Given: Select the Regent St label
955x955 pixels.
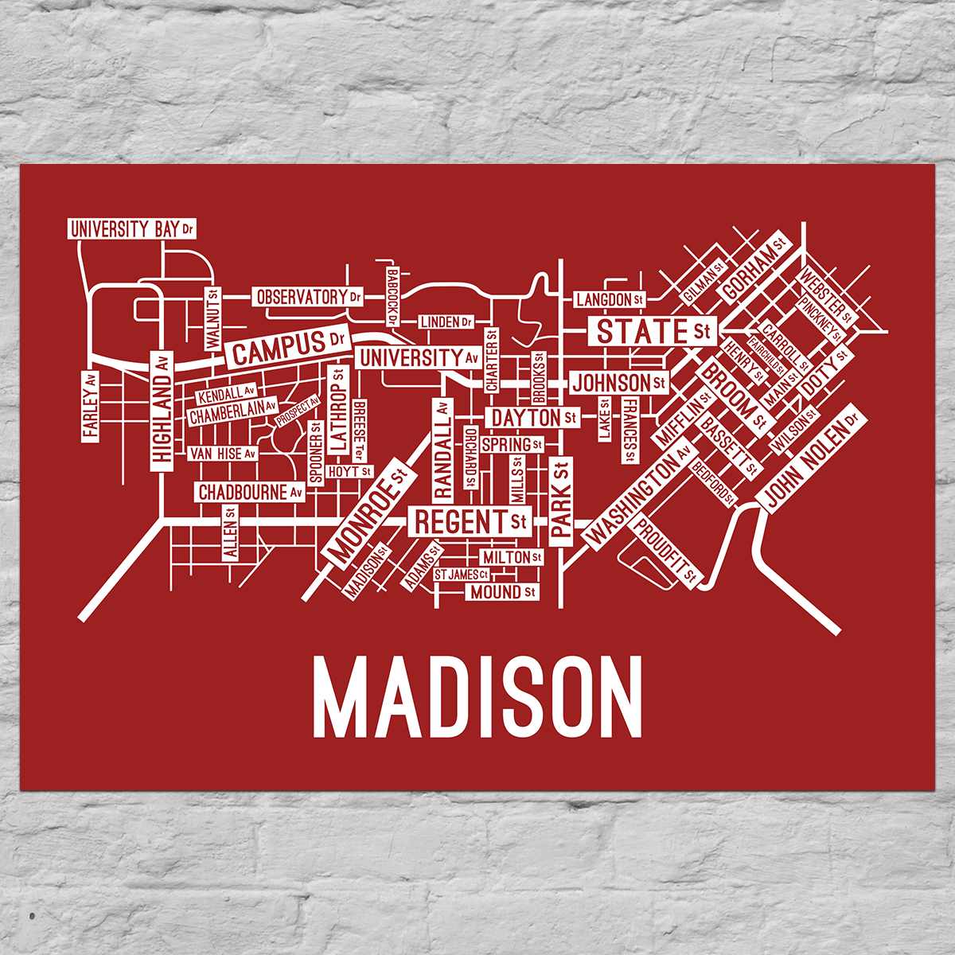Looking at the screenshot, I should click(x=470, y=522).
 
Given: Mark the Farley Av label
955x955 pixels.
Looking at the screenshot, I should click(x=91, y=404).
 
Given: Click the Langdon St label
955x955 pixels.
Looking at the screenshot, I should click(x=610, y=299).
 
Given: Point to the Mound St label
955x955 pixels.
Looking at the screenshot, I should click(x=502, y=592).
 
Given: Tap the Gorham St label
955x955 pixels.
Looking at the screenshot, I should click(x=753, y=266).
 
